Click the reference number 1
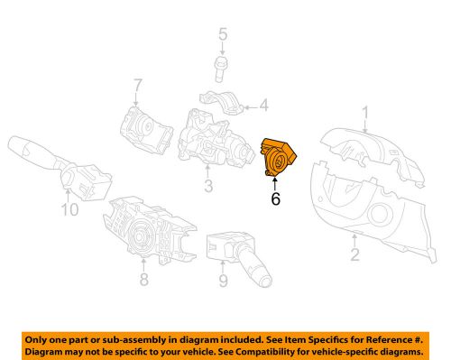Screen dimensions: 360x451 366,114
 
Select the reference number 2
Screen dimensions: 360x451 354,254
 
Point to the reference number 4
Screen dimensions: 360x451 264,107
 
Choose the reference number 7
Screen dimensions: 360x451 138,87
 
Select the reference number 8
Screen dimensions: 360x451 143,279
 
